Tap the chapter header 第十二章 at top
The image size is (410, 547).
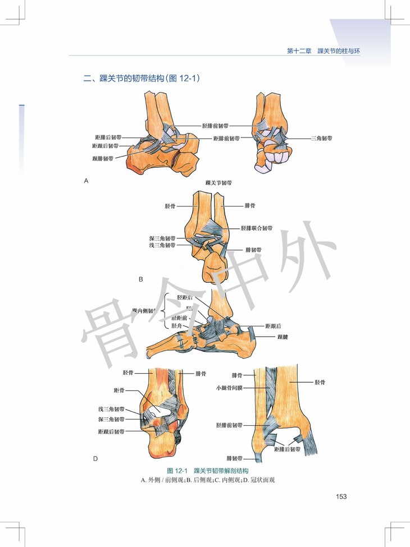coord(299,51)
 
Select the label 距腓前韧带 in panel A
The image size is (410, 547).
coord(226,138)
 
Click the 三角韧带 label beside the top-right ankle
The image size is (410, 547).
coord(321,137)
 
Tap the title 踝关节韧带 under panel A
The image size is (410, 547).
coord(220,183)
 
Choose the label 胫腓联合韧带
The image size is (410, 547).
coord(257,228)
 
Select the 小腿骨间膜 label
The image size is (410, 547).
coord(228,387)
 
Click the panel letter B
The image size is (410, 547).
coord(141,279)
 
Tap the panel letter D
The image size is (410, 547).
coord(95,458)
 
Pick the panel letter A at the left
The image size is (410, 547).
coord(86,181)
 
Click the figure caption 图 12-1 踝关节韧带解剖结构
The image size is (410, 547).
coord(208,470)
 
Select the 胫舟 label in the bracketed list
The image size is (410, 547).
coord(176,325)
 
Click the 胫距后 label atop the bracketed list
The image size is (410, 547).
coord(185,297)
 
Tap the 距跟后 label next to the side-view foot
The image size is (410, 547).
coord(274,325)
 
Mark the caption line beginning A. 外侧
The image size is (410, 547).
coord(208,480)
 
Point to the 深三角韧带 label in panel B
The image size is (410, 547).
coord(162,238)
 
